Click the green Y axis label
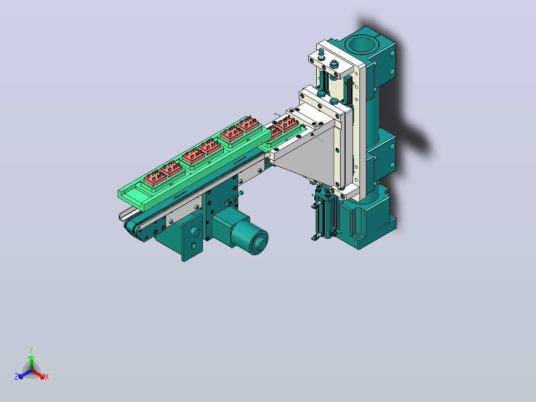pyautogui.click(x=31, y=350)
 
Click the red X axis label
pyautogui.click(x=47, y=377)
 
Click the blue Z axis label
pyautogui.click(x=16, y=376)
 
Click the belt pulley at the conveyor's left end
pyautogui.click(x=132, y=227)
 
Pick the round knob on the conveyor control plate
pyautogui.click(x=195, y=232)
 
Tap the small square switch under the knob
pyautogui.click(x=193, y=245)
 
